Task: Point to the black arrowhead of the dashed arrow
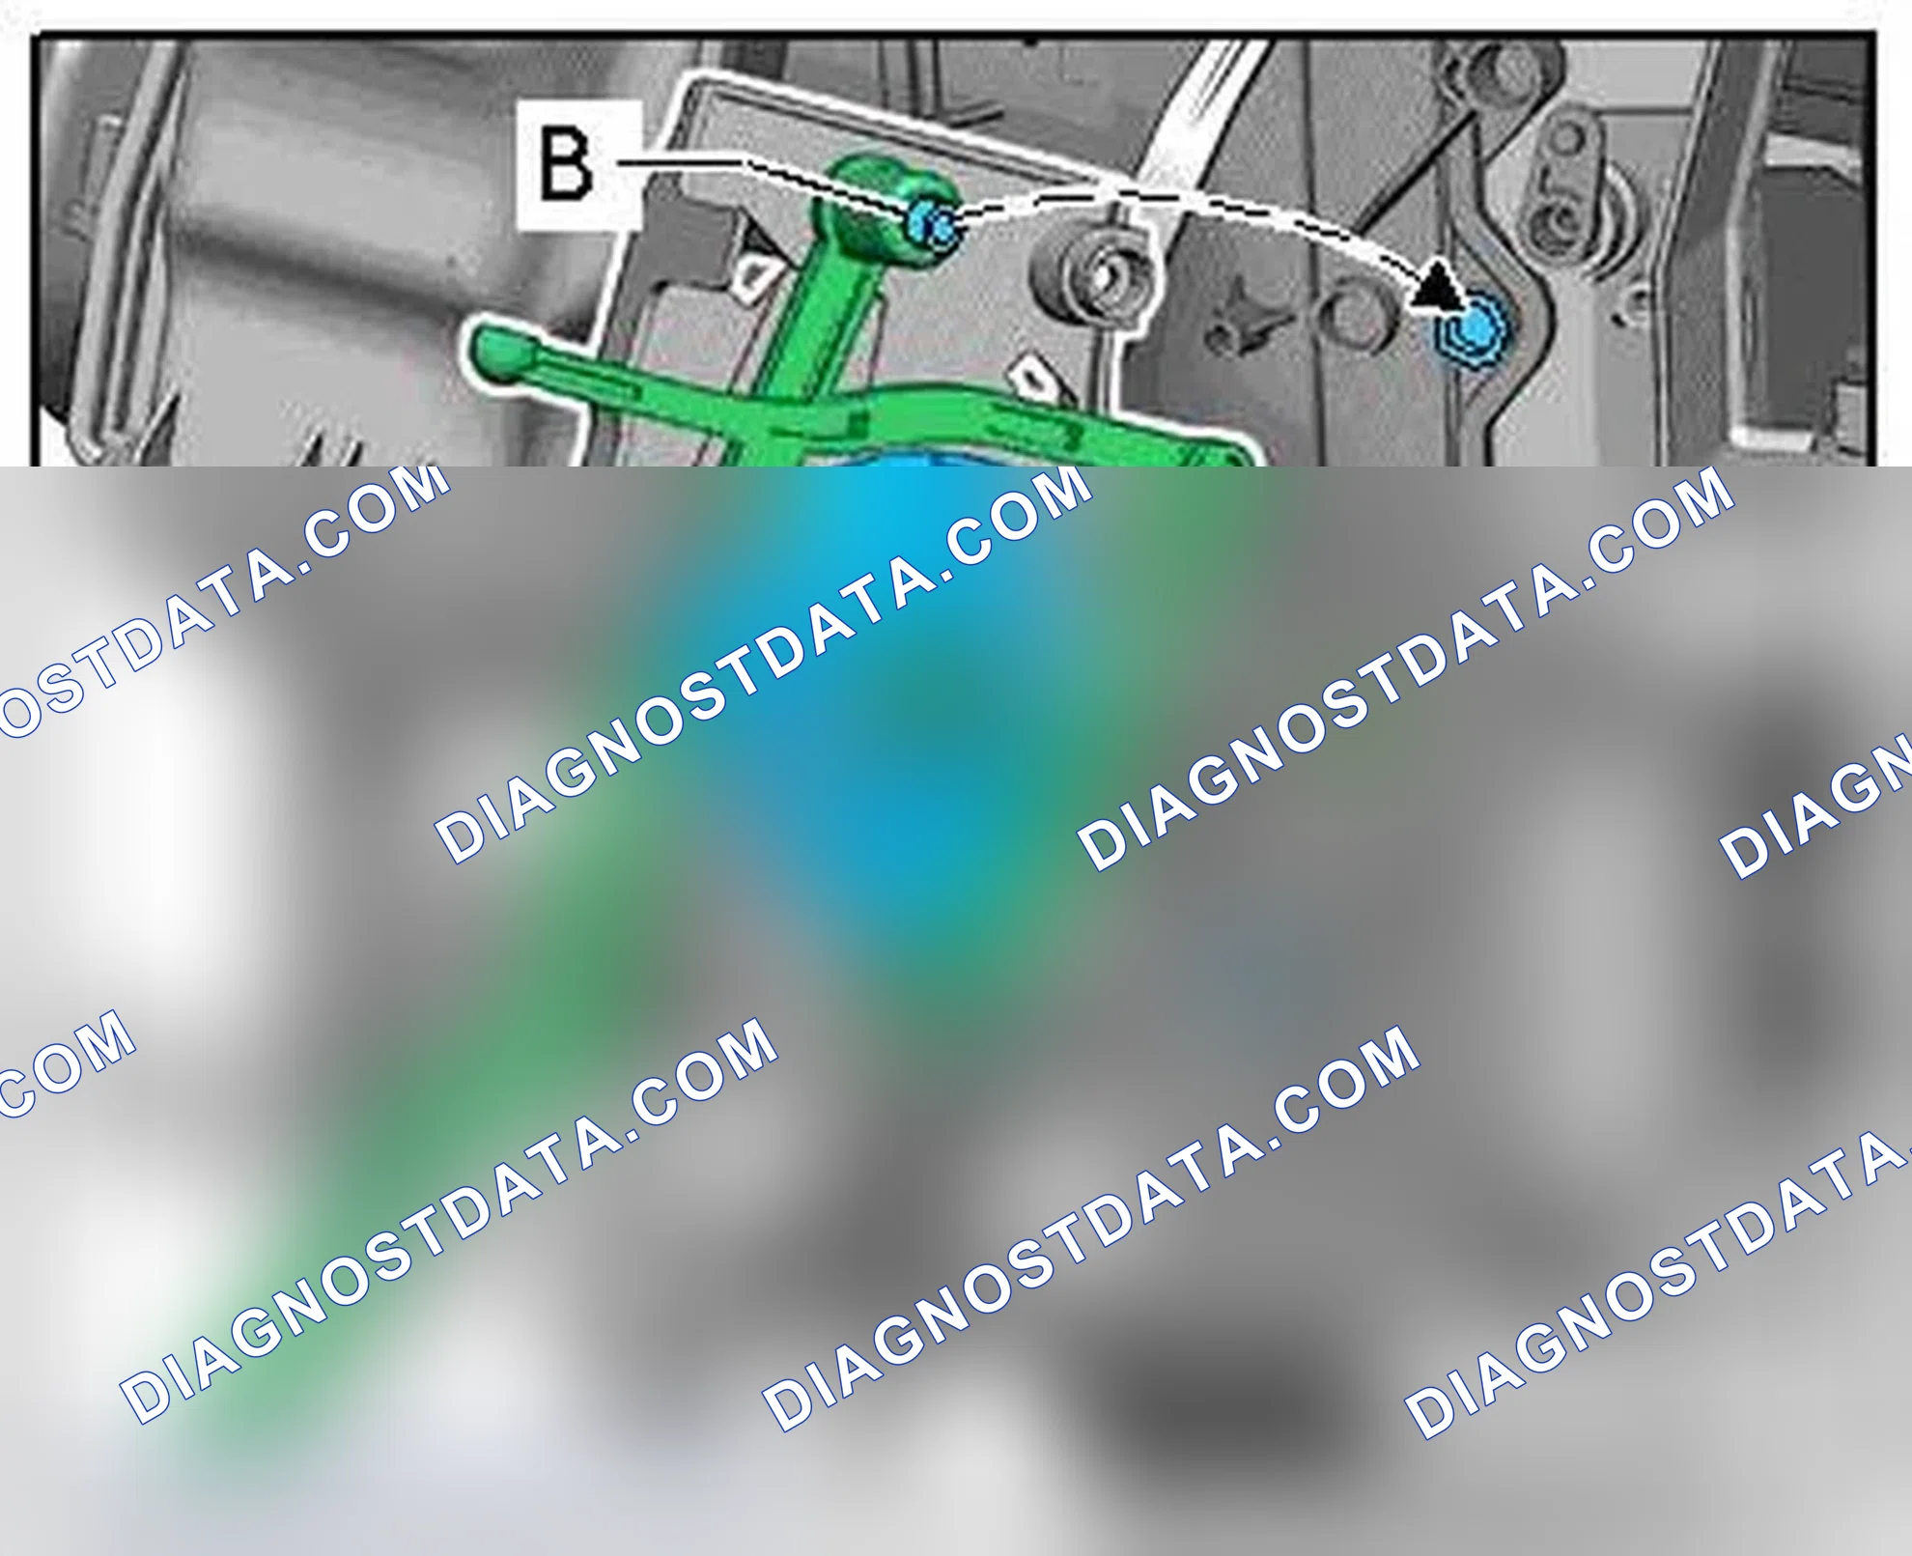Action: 1436,287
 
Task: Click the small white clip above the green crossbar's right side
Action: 1036,378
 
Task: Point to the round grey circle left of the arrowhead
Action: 1354,316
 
